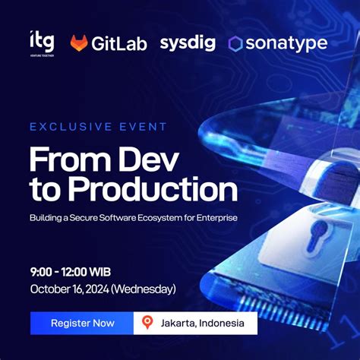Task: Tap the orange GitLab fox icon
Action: tap(79, 44)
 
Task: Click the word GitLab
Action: tap(119, 44)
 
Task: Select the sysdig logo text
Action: tap(188, 43)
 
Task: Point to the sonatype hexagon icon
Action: tap(235, 44)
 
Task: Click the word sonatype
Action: tap(286, 44)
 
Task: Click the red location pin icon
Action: tap(147, 323)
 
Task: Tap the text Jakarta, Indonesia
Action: tap(202, 323)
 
